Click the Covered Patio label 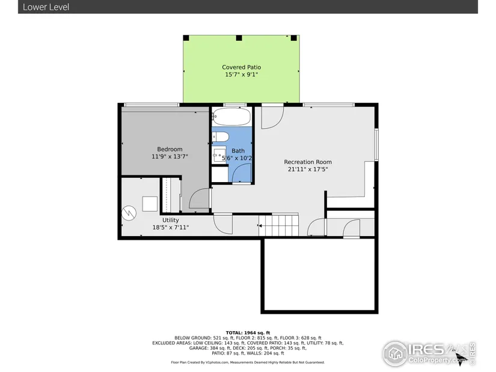click(241, 67)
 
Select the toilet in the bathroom click(221, 137)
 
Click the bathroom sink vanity click(219, 154)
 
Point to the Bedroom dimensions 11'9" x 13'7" click(170, 156)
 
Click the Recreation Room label click(308, 162)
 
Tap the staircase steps click(278, 225)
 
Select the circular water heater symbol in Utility click(129, 213)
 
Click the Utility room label click(171, 220)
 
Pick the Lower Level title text click(46, 7)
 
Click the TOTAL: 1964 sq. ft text click(248, 333)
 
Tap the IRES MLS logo click(429, 353)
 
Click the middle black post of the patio click(239, 38)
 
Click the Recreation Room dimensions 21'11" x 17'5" click(308, 169)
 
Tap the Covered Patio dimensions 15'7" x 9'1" click(241, 75)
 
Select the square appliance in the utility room click(150, 204)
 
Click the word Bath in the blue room click(238, 151)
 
